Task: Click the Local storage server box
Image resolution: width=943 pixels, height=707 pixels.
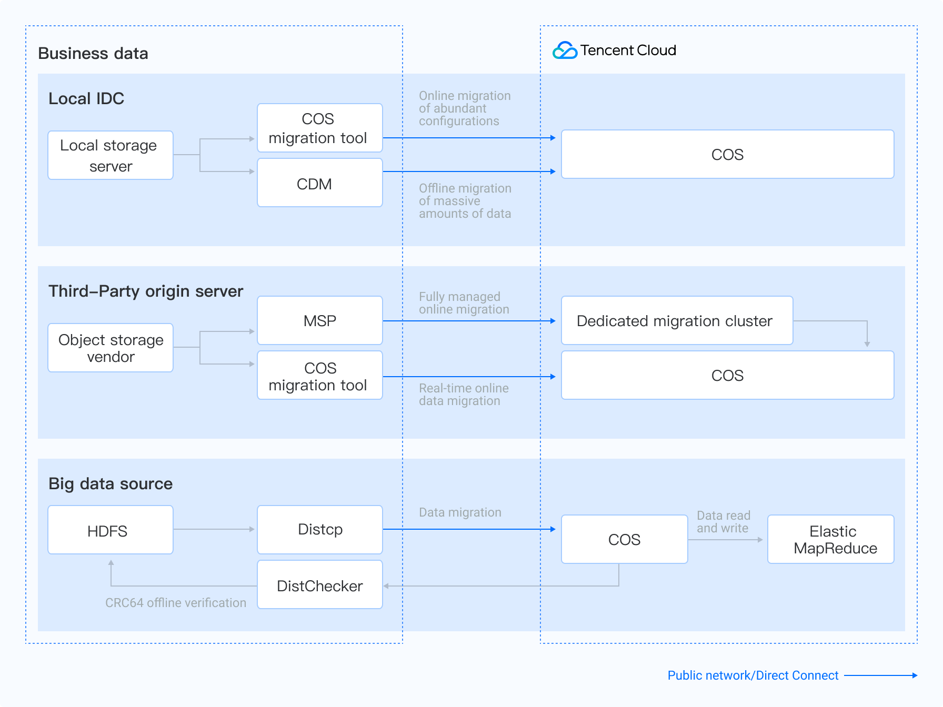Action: (111, 155)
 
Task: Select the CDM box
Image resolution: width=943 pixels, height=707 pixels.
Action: (319, 183)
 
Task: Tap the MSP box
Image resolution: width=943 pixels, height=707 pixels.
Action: (319, 320)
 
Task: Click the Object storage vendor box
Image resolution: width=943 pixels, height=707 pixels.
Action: (111, 348)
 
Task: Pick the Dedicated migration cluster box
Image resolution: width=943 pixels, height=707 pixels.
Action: (677, 320)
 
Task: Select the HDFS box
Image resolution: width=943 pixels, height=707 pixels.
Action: (111, 530)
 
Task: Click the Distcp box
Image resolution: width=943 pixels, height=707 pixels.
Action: (319, 530)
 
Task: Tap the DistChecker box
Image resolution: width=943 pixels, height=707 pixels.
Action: (319, 585)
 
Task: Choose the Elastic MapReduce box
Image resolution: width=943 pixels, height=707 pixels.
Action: (830, 539)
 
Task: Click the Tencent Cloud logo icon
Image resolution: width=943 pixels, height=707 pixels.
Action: (565, 50)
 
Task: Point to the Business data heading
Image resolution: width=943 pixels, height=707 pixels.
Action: (93, 54)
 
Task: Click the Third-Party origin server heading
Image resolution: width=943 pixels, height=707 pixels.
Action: (146, 291)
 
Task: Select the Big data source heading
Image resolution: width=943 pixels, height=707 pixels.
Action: (111, 483)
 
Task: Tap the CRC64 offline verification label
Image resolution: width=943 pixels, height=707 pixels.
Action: (176, 603)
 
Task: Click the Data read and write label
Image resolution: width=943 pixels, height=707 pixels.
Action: (723, 522)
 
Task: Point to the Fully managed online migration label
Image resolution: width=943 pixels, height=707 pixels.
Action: (464, 303)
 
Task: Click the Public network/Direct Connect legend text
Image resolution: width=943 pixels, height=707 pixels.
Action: (753, 675)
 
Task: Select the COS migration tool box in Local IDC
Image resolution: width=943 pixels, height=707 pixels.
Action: (319, 128)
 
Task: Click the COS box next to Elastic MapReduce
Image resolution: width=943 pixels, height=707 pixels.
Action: (624, 539)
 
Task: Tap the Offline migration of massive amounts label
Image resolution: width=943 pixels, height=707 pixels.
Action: (465, 201)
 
